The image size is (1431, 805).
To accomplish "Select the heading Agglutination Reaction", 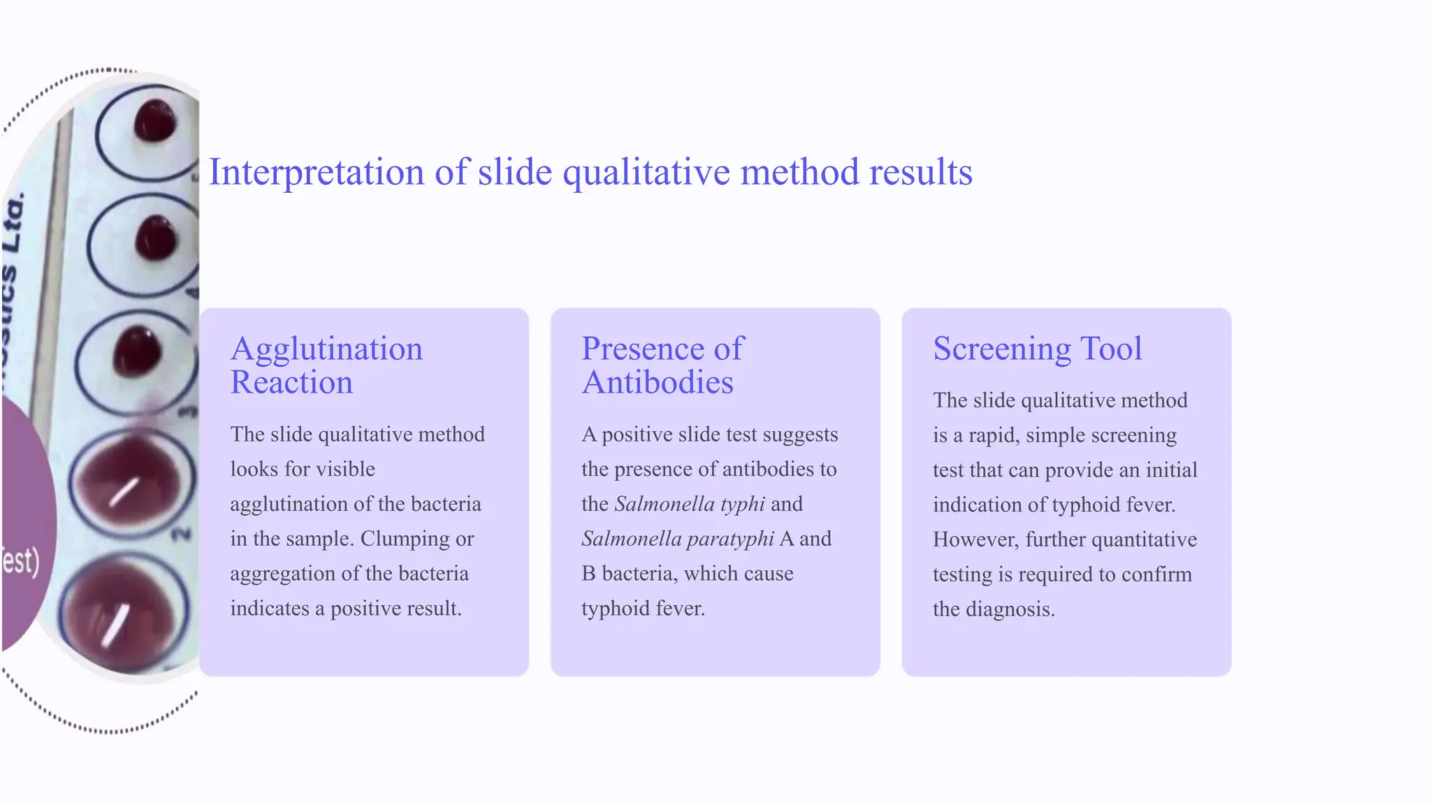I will pos(326,365).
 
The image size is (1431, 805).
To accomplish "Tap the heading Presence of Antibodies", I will pos(662,365).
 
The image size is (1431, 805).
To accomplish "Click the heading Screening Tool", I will pos(1037,348).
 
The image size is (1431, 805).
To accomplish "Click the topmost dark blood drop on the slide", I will pos(154,120).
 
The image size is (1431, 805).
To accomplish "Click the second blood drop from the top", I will pos(155,238).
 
